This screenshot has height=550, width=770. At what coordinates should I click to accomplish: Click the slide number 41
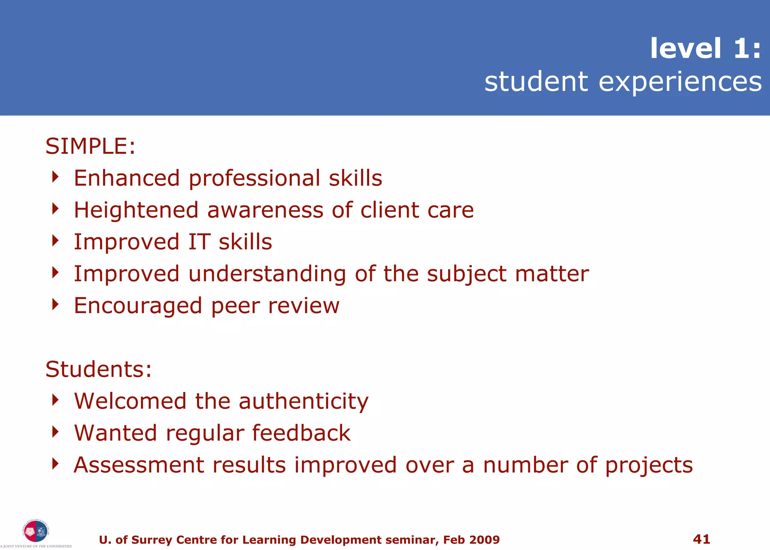click(x=701, y=539)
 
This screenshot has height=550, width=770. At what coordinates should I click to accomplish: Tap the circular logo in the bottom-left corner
click(x=36, y=531)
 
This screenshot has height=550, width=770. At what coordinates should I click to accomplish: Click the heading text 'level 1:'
click(x=705, y=48)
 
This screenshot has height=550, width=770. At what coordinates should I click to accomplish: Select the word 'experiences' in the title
click(x=680, y=82)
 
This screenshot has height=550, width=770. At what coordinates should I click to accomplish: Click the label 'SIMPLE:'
click(x=90, y=146)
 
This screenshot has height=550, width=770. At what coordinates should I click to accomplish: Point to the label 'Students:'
click(x=99, y=369)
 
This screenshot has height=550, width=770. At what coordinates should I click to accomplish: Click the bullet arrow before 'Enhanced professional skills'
click(x=56, y=176)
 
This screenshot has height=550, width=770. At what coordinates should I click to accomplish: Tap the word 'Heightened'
click(x=136, y=210)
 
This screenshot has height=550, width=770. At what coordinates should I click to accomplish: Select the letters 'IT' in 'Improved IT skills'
click(x=199, y=241)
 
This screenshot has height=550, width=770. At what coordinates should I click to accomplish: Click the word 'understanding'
click(x=267, y=274)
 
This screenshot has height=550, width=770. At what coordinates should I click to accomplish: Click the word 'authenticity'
click(x=303, y=401)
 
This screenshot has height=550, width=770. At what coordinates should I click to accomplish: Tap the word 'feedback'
click(x=301, y=433)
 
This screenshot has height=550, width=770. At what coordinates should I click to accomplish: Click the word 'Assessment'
click(x=139, y=465)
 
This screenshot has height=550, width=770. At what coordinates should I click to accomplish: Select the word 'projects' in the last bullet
click(x=649, y=465)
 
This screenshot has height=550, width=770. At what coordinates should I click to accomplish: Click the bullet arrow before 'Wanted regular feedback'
click(x=56, y=432)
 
